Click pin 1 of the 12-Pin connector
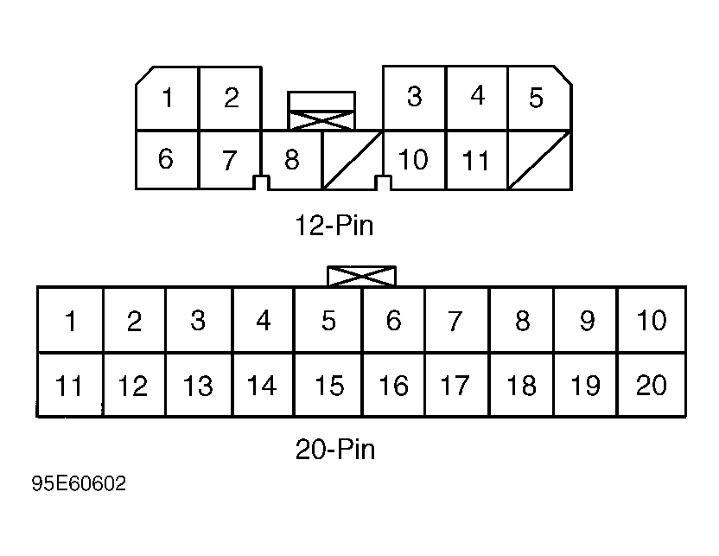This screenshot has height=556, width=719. point(168,99)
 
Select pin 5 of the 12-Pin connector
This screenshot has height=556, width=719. point(540,98)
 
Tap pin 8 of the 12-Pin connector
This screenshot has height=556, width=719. point(291,160)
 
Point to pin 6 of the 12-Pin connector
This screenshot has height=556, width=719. point(167,160)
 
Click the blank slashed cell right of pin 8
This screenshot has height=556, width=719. point(353,160)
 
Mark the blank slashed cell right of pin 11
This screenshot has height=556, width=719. point(540,160)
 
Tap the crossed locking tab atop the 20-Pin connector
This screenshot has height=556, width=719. point(361,276)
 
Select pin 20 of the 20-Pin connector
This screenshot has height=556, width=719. point(652,385)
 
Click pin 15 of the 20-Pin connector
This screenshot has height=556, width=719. point(328,385)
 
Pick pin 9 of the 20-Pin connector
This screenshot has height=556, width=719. point(586,320)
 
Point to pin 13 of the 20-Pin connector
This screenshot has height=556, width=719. point(199,385)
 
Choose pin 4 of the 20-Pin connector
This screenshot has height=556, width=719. point(263,320)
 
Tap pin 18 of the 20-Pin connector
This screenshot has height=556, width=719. point(521,385)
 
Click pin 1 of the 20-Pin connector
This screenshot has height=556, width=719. point(70,320)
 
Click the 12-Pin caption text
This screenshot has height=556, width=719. point(334,225)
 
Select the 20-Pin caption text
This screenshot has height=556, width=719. point(335,449)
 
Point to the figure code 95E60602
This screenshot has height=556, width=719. point(79,483)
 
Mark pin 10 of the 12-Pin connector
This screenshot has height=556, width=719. point(414,160)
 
